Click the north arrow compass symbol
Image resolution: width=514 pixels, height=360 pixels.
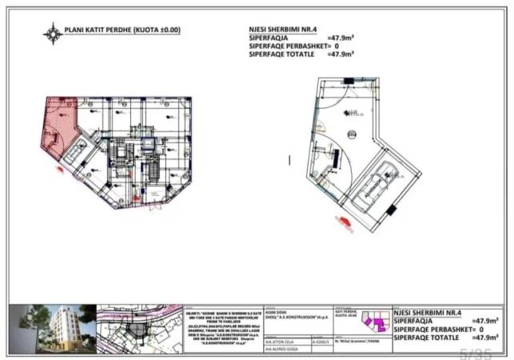click(x=54, y=33)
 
